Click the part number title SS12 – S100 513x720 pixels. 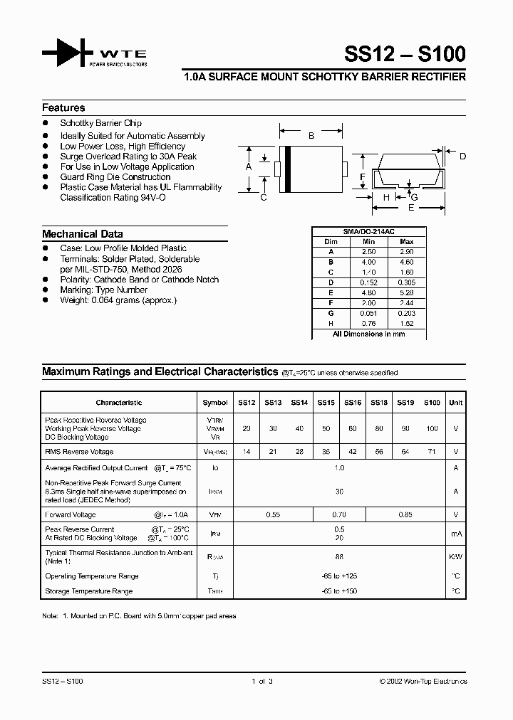point(405,54)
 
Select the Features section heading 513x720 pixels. point(63,108)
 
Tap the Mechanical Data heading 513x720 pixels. point(82,234)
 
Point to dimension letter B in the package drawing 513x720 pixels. point(311,135)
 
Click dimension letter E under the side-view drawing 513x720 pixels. point(410,208)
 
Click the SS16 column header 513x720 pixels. point(352,403)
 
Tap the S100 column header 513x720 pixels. point(432,403)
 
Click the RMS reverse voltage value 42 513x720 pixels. point(352,452)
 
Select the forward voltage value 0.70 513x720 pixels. point(339,514)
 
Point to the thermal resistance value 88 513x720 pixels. point(339,557)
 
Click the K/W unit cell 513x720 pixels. point(455,557)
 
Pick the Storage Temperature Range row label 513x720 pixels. point(88,591)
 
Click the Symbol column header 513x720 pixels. point(215,403)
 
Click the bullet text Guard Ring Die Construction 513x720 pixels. point(115,177)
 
